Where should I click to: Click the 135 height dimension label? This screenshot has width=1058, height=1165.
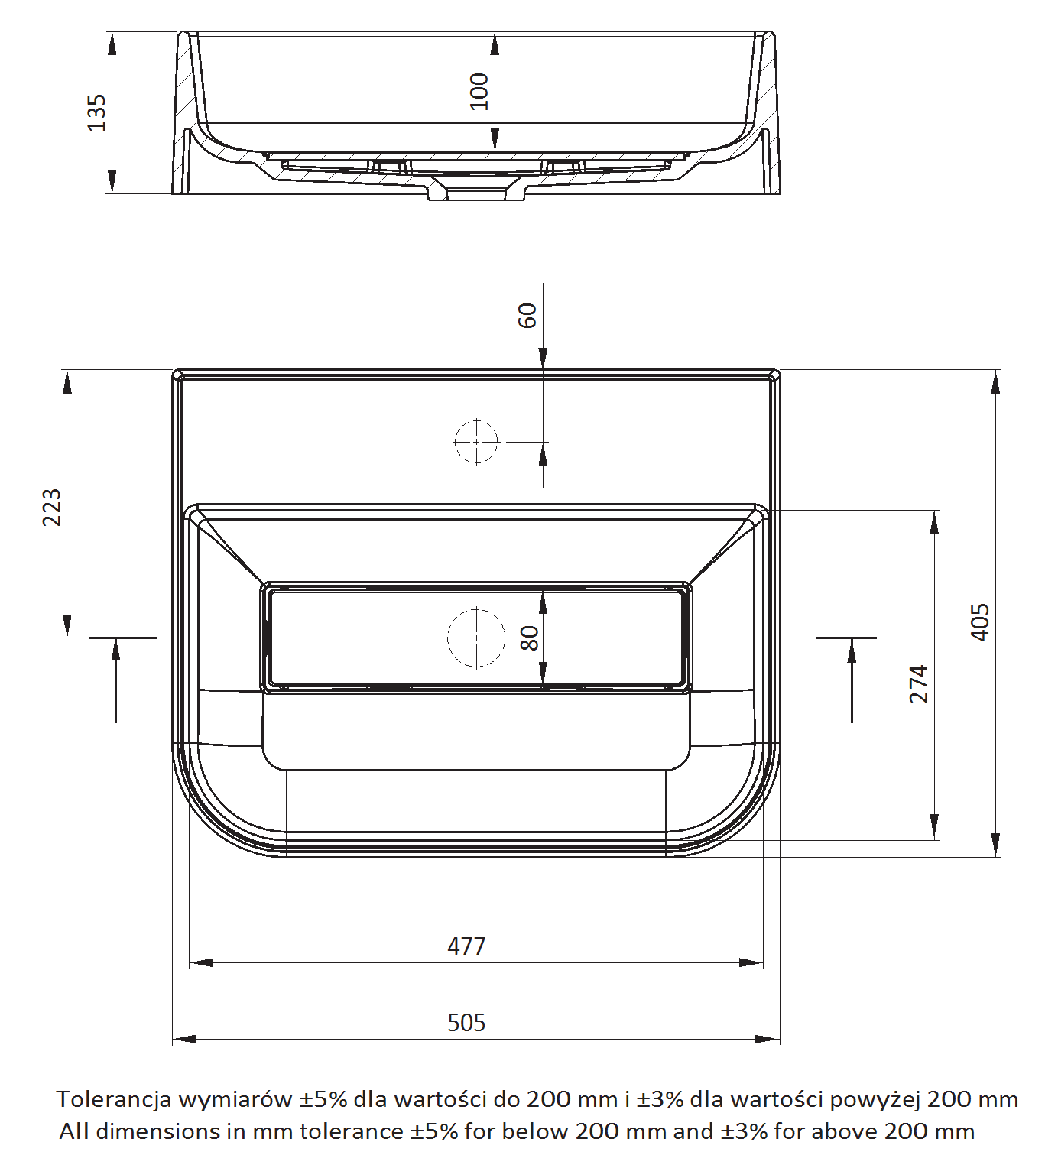(97, 112)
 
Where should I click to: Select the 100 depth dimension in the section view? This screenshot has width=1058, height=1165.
(479, 91)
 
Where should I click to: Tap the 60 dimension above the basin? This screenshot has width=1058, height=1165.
(527, 316)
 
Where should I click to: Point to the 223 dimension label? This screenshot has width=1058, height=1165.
(52, 508)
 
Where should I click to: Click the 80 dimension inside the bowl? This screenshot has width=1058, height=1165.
(530, 638)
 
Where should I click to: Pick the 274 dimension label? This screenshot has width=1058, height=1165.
(919, 684)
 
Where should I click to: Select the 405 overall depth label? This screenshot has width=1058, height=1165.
(980, 622)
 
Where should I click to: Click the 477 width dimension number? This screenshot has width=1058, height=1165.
(466, 946)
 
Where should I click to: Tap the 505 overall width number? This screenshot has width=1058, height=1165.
(466, 1022)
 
